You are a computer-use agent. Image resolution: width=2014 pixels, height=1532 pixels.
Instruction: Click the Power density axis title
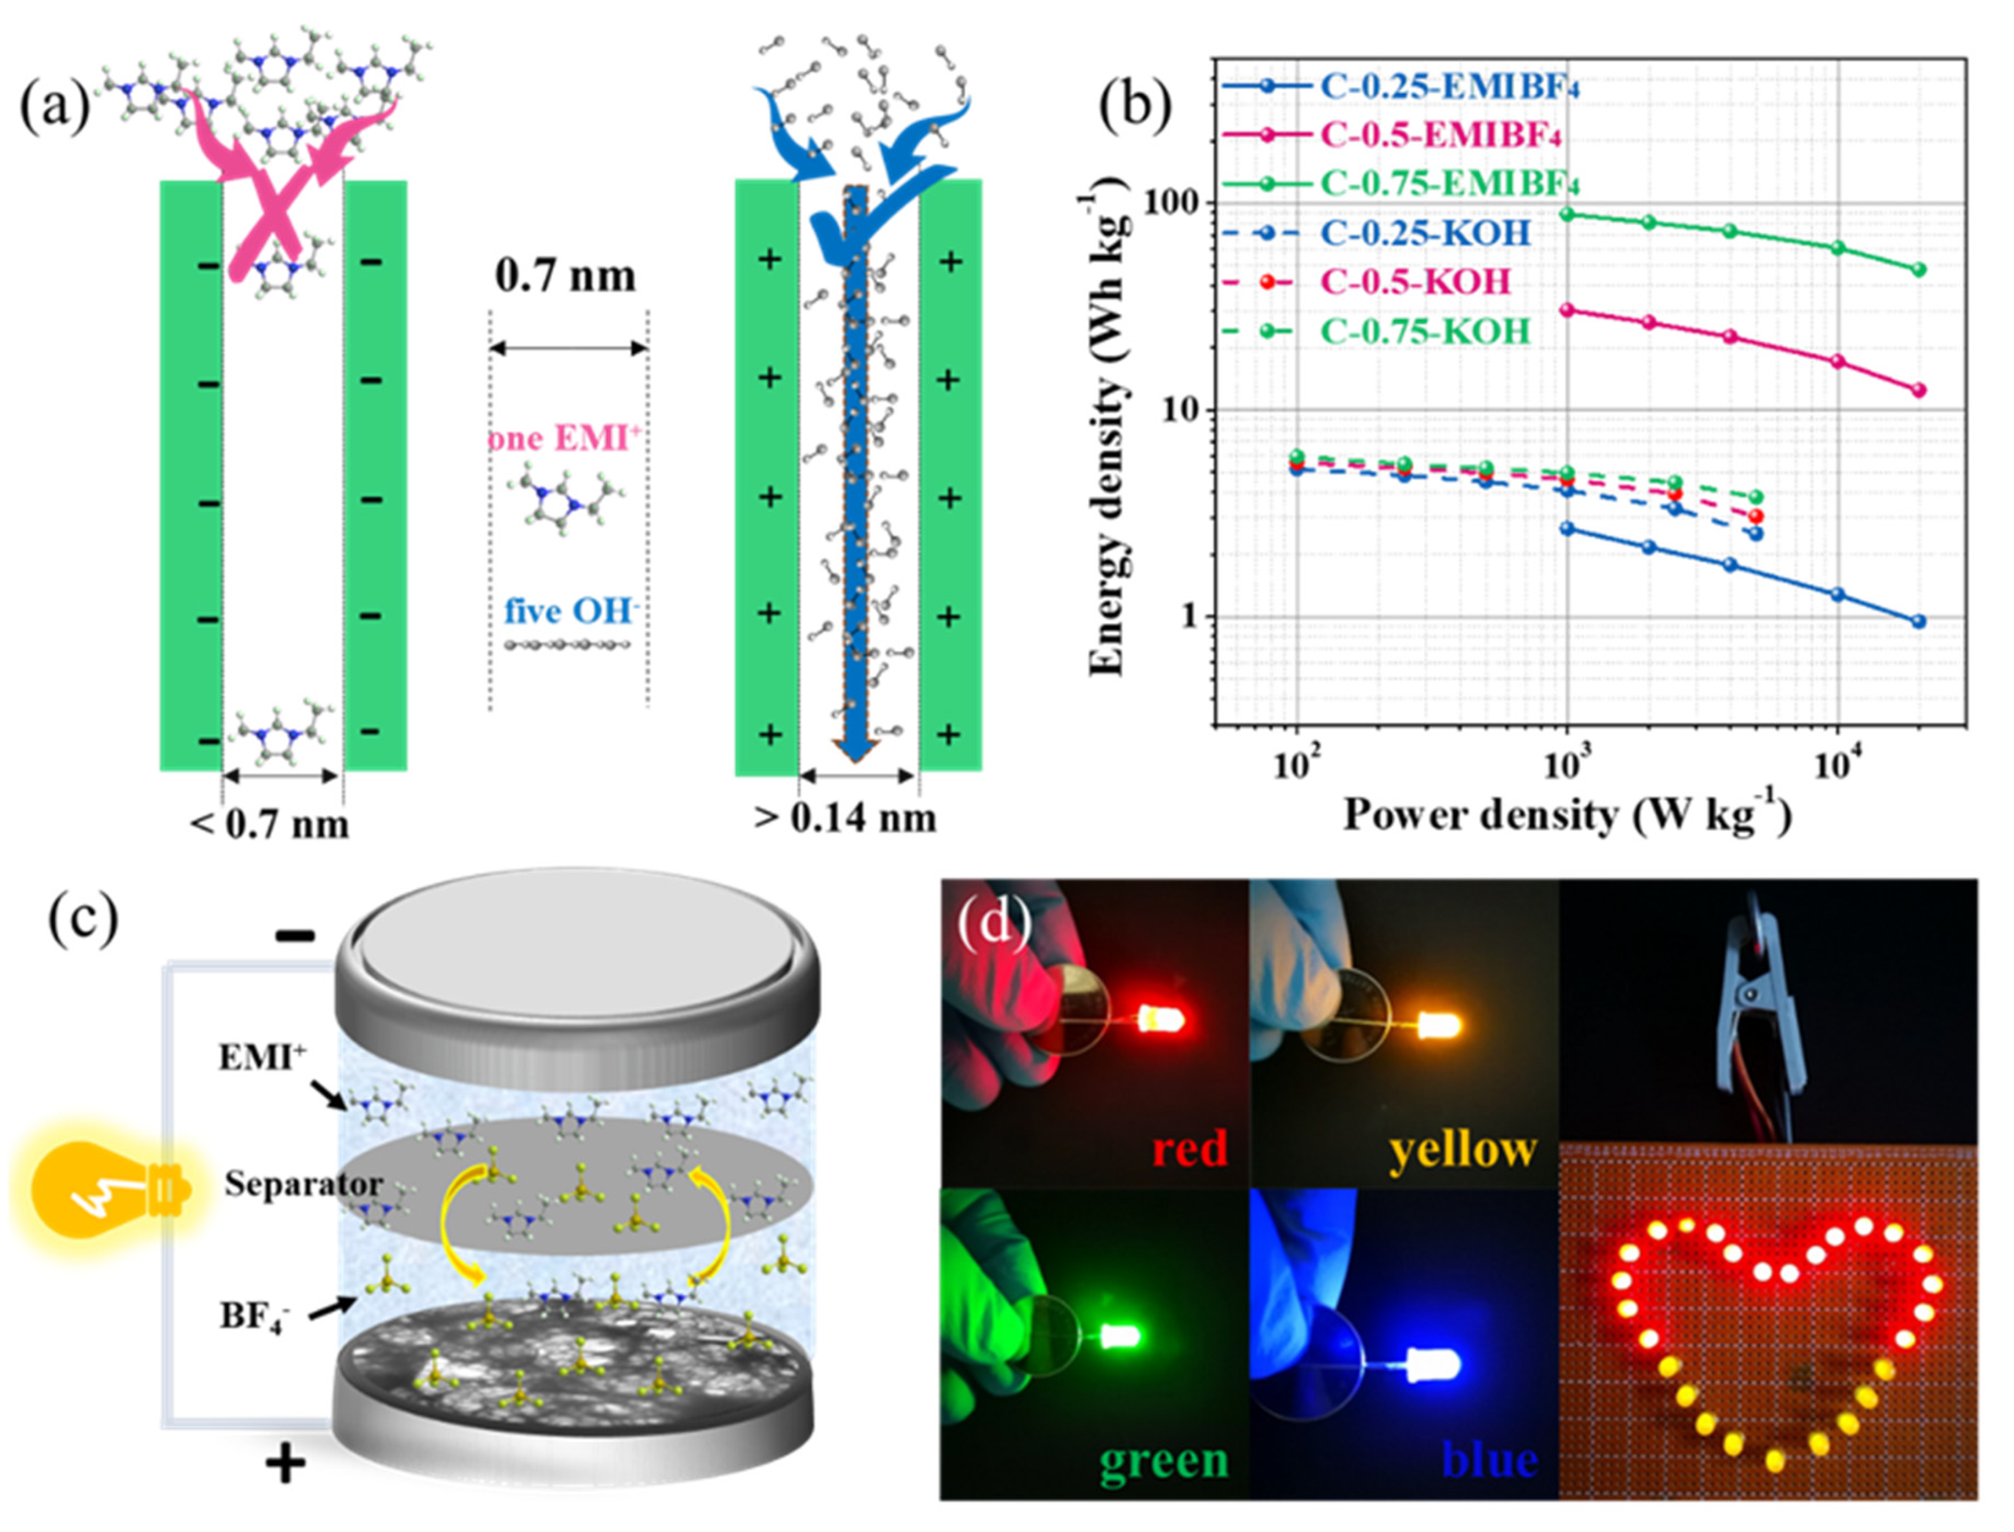1566,814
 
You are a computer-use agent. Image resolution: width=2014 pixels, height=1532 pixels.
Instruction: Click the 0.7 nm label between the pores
565,275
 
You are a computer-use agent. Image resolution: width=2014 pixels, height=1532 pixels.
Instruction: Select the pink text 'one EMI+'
565,440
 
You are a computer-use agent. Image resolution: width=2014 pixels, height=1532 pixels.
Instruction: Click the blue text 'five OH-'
570,610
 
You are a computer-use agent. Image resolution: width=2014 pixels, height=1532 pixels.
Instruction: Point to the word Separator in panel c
304,1184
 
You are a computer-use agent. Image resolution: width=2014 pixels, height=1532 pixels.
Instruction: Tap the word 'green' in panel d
1163,1460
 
